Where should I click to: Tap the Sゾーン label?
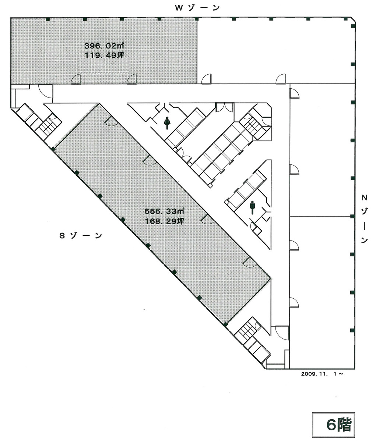[81, 236]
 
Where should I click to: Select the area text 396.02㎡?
[104, 46]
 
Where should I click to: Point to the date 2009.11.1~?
[323, 374]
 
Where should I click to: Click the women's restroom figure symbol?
[167, 123]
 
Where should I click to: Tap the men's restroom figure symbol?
[252, 207]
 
